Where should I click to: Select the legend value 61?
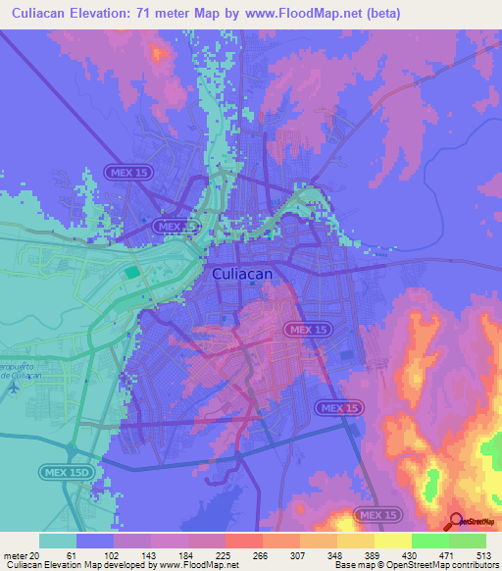click(72, 554)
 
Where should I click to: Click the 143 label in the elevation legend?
click(146, 554)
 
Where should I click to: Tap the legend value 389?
click(370, 554)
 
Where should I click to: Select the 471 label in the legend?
click(444, 554)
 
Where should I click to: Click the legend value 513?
click(483, 554)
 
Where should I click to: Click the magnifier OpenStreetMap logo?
click(456, 524)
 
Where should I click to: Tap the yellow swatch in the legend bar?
click(392, 541)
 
